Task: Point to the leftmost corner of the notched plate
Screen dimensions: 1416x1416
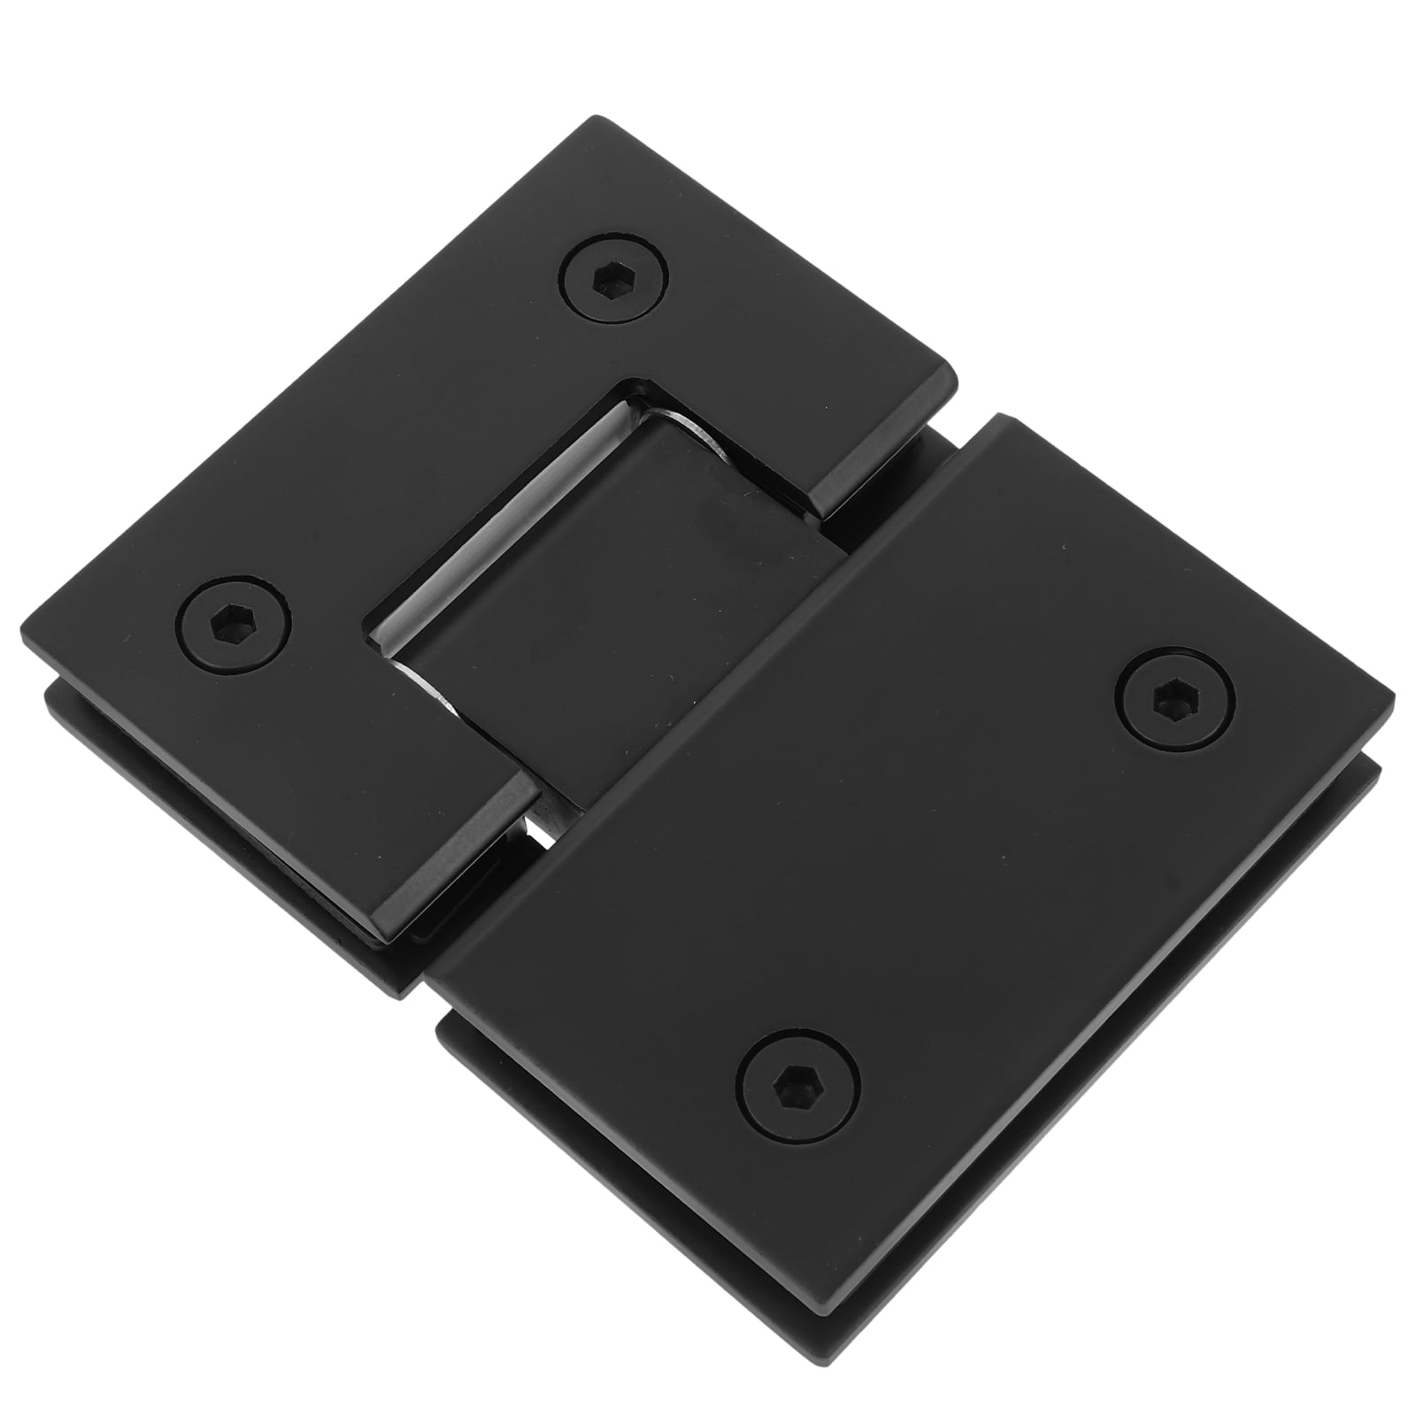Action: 22,634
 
